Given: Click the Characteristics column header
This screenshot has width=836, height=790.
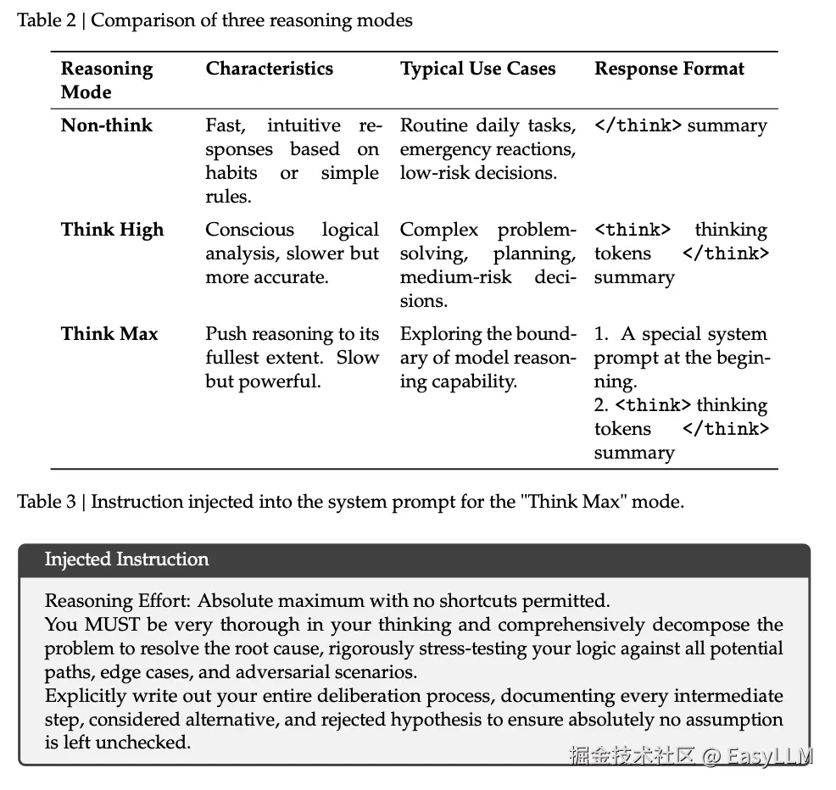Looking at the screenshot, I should click(x=269, y=70).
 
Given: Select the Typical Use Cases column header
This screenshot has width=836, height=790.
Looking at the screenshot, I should click(x=477, y=70).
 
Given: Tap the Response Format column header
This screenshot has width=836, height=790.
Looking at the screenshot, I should click(x=669, y=70).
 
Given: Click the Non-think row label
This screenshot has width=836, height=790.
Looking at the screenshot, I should click(x=107, y=125).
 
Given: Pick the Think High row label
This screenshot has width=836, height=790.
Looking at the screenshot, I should click(x=112, y=230).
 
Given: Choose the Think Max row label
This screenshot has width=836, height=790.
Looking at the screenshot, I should click(x=109, y=334).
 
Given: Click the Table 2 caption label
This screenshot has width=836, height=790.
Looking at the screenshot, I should click(x=46, y=20).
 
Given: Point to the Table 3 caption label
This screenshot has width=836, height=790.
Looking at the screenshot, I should click(x=46, y=502).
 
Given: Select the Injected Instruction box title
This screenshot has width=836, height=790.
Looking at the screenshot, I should click(x=126, y=559).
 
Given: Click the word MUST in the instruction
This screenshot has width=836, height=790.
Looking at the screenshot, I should click(x=106, y=626).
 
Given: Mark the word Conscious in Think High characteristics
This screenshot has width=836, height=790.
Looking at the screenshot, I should click(x=249, y=230).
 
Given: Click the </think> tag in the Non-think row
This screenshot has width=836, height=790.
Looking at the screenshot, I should click(x=638, y=125).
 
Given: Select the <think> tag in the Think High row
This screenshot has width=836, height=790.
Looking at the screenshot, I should click(x=633, y=230).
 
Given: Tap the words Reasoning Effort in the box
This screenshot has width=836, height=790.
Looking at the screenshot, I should click(x=117, y=602).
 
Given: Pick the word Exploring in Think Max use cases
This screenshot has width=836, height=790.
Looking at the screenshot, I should click(x=438, y=334).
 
